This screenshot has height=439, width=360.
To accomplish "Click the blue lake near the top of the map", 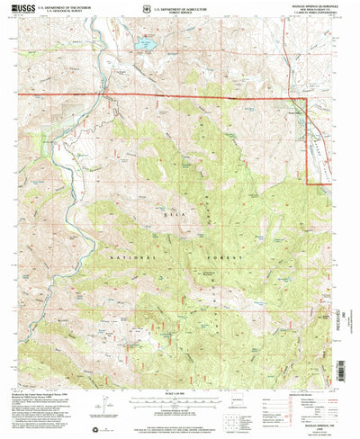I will click(145, 42).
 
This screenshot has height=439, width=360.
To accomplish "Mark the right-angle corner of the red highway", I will click(308, 97).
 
